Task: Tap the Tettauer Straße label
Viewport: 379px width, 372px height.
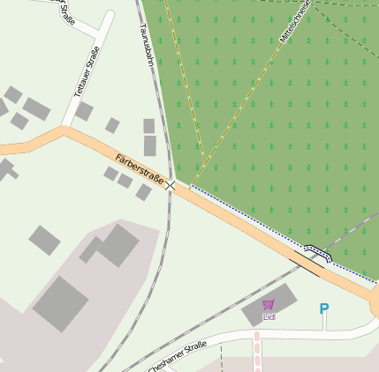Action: [x=84, y=73]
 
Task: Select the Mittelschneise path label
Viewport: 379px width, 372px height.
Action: [x=295, y=23]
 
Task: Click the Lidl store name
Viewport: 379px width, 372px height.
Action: [x=269, y=316]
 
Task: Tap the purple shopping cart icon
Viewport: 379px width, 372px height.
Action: [x=269, y=304]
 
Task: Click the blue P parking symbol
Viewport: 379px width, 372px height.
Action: [x=323, y=309]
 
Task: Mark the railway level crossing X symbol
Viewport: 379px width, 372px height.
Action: [x=171, y=185]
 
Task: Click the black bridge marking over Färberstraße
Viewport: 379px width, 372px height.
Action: [x=315, y=257]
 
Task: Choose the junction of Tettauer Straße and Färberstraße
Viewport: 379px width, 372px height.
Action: [x=64, y=130]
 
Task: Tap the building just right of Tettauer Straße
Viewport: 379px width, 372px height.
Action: [x=84, y=111]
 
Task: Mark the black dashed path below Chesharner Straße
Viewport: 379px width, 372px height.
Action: [x=222, y=357]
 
